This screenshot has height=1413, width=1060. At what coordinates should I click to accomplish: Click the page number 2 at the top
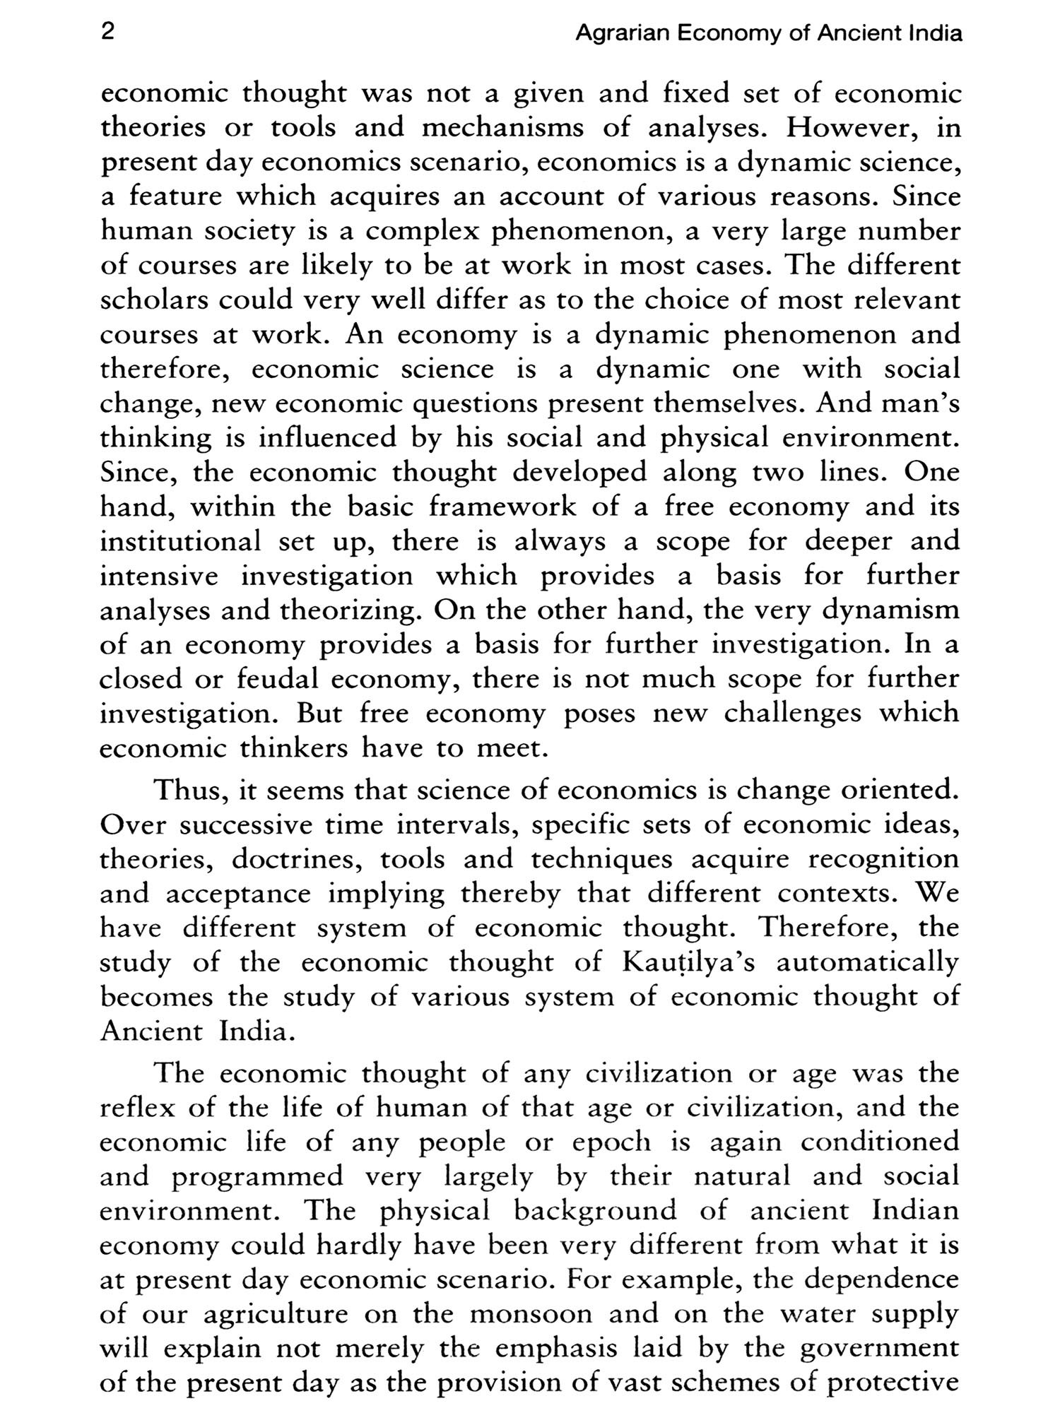coord(107,32)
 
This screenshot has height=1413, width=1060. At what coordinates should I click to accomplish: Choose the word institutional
coord(180,542)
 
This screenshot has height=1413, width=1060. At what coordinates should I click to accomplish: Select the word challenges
coord(792,714)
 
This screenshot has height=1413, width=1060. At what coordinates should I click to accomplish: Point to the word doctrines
coord(296,860)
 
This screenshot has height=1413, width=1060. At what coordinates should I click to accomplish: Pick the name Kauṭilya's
coord(689,963)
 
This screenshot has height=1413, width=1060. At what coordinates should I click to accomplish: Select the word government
coord(880,1349)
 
